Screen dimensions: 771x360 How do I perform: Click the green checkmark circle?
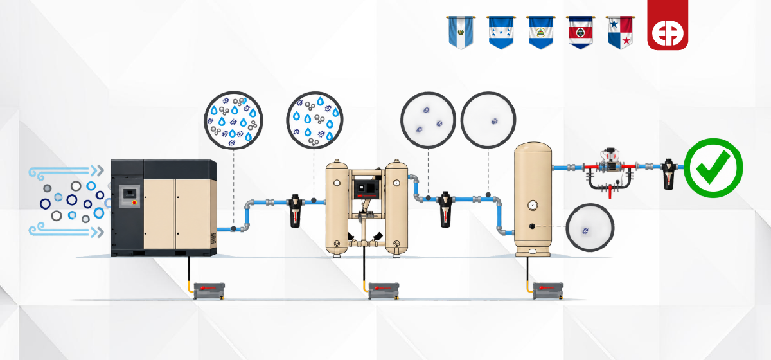(x=713, y=168)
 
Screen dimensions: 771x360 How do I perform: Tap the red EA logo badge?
(x=668, y=25)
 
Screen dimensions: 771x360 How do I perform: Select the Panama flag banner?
(x=620, y=32)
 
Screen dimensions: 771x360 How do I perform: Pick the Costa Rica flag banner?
(x=580, y=32)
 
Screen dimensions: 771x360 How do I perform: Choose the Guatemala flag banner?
(x=461, y=32)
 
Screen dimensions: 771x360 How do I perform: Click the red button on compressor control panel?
(x=134, y=203)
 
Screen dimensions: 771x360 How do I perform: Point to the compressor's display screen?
(x=130, y=193)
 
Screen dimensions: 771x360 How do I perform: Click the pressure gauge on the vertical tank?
(x=533, y=205)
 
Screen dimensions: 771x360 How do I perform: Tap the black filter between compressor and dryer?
(x=295, y=210)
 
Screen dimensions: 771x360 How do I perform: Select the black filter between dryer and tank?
(x=445, y=209)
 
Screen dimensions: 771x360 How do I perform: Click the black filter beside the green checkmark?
(x=668, y=174)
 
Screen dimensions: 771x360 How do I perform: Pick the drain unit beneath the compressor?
(x=209, y=291)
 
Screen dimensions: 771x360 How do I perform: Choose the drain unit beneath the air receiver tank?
(x=548, y=291)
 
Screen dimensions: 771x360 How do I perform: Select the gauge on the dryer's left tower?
(x=337, y=183)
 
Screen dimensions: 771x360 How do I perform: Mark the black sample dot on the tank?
(x=532, y=226)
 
